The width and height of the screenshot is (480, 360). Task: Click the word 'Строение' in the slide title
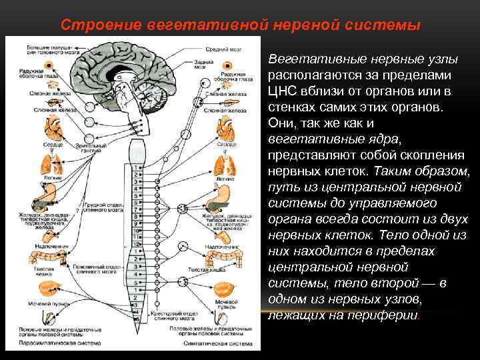click(x=93, y=25)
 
